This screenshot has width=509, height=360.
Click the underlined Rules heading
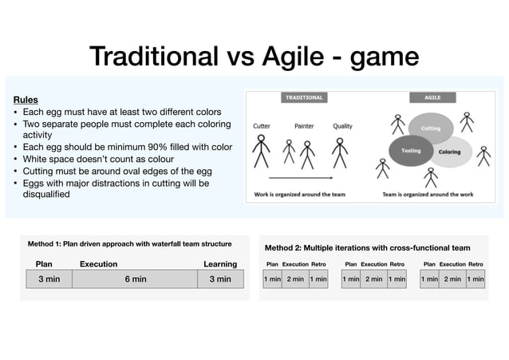pyautogui.click(x=26, y=100)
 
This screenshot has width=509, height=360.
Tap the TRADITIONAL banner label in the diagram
pyautogui.click(x=303, y=97)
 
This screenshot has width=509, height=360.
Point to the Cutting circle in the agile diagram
pyautogui.click(x=430, y=129)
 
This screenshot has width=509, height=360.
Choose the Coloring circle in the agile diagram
pyautogui.click(x=449, y=152)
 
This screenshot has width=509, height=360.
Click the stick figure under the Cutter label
pyautogui.click(x=261, y=151)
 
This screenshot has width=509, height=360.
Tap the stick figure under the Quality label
pyautogui.click(x=341, y=151)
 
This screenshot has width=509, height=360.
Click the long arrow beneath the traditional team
pyautogui.click(x=300, y=176)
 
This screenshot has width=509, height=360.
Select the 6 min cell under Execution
pyautogui.click(x=135, y=279)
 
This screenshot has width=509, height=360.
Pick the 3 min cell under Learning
pyautogui.click(x=219, y=279)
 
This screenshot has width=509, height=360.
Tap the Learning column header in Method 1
pyautogui.click(x=219, y=264)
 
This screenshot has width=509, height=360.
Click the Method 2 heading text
pyautogui.click(x=367, y=248)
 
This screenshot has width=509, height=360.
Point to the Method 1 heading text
pyautogui.click(x=129, y=243)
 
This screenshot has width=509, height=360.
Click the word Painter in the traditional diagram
pyautogui.click(x=304, y=125)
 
